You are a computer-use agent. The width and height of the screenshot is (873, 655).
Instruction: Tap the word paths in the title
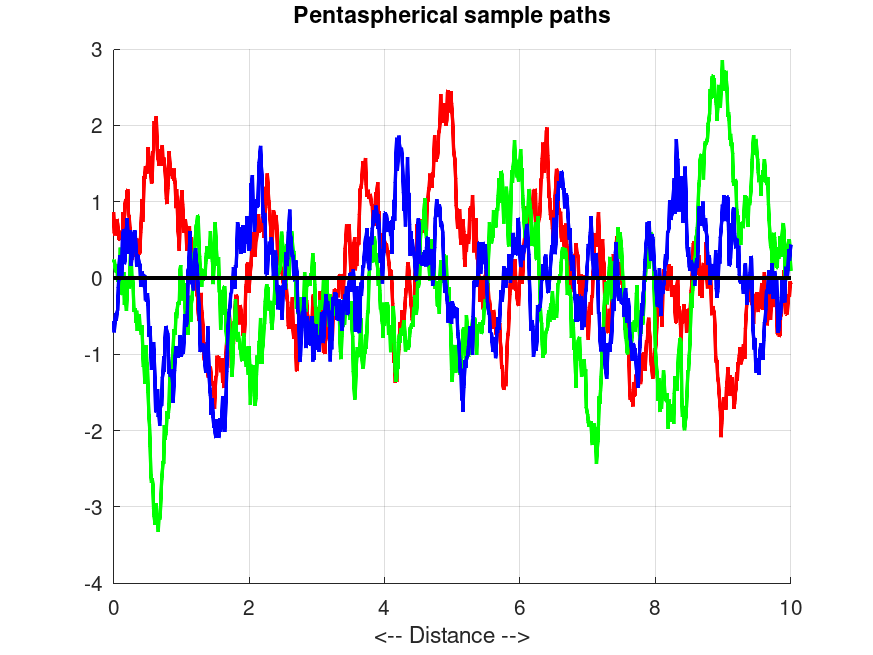[581, 16]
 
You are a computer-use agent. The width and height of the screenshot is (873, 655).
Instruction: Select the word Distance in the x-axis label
[452, 635]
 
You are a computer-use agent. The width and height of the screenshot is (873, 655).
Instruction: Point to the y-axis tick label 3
[97, 50]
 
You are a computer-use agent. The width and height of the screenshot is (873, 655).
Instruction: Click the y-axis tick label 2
[97, 126]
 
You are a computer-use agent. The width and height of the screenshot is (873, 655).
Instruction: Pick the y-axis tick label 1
[97, 202]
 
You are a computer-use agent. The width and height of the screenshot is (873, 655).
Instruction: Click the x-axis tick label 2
[249, 606]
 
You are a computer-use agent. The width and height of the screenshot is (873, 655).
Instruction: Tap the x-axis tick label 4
[384, 606]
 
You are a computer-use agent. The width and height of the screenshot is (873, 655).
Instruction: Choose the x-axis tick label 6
[520, 606]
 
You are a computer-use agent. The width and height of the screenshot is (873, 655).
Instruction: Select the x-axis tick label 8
[655, 606]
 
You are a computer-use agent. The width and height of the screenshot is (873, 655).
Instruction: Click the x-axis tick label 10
[790, 606]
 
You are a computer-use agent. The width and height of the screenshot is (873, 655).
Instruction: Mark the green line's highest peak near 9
[722, 63]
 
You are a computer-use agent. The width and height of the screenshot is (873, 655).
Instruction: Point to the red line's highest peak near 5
[449, 92]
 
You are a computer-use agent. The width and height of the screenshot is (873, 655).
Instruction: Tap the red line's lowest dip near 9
[721, 433]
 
